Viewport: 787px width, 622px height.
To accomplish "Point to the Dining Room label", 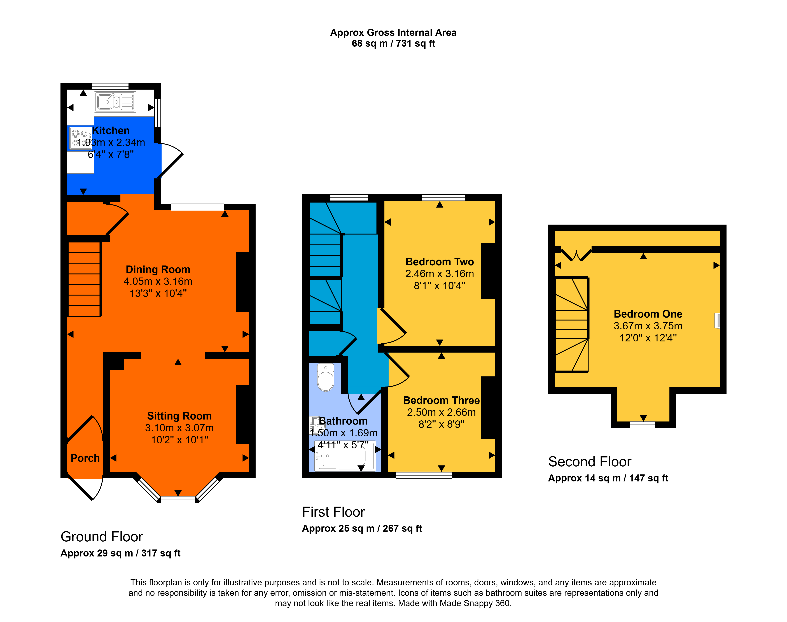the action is [158, 269].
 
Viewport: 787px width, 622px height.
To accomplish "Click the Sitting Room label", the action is [179, 416].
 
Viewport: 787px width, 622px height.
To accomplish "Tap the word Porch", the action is [85, 458].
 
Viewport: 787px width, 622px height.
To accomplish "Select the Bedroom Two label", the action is [440, 262].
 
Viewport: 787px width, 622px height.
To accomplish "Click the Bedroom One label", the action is [648, 314].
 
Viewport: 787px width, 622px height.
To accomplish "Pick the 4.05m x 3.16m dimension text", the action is [158, 281].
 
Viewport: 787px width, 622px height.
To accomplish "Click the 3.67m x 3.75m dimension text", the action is [648, 326].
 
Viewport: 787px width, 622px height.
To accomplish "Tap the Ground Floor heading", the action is [102, 537].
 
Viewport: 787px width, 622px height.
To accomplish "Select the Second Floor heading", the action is [590, 462].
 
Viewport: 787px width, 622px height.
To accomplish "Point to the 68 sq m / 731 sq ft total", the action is [393, 43].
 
